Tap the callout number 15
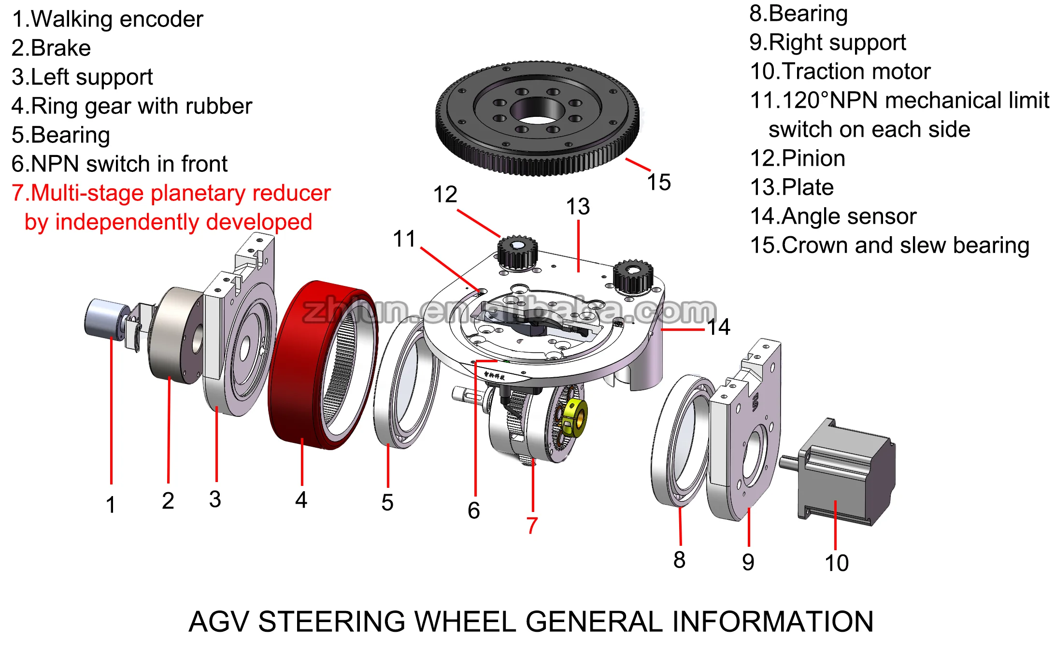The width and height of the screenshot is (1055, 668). coord(659,183)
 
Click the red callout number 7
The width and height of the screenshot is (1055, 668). coord(532,525)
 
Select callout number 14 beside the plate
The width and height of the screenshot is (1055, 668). coord(719,327)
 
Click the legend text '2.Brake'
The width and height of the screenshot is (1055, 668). coord(51,48)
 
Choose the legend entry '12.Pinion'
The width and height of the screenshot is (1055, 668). coord(798,158)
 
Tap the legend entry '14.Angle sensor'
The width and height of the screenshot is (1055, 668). coord(833,216)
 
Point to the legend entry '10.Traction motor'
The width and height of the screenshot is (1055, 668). coord(840,71)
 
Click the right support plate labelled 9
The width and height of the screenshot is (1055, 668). coord(746,435)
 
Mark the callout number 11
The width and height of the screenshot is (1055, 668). coord(404,239)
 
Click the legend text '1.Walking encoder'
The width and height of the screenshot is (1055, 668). coord(107,19)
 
